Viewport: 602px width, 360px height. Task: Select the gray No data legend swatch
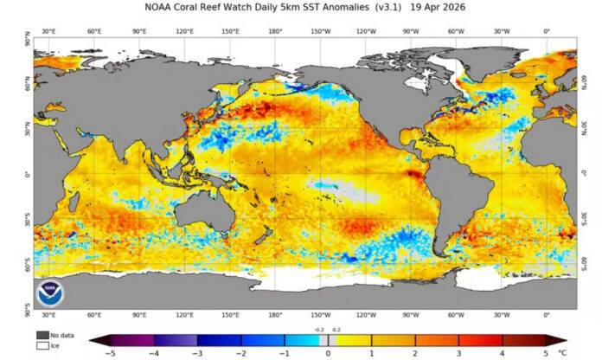(42, 334)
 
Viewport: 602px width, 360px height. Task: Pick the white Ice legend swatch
(42, 345)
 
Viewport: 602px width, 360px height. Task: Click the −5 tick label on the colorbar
(111, 352)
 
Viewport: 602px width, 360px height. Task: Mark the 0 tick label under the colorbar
(328, 352)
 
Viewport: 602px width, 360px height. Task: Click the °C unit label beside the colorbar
(562, 352)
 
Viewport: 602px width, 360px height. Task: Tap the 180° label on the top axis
(275, 33)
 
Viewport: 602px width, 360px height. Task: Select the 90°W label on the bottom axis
(411, 315)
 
